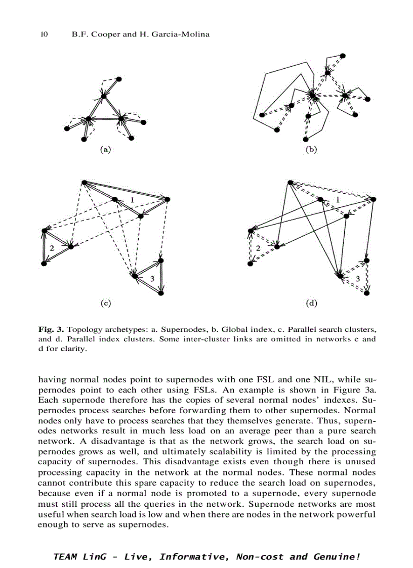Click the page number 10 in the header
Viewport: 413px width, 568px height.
click(44, 34)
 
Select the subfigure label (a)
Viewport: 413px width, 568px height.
click(105, 149)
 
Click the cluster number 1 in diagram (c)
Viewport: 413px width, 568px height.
click(132, 200)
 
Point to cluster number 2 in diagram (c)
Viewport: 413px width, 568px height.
click(52, 247)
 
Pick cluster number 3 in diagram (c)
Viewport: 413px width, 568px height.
click(152, 278)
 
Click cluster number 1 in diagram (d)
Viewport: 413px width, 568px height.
click(338, 200)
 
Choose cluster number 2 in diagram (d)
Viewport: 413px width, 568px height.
click(258, 248)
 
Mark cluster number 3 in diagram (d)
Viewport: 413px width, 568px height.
click(358, 279)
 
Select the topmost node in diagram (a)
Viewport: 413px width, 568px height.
click(119, 79)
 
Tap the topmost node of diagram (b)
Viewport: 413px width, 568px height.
click(343, 55)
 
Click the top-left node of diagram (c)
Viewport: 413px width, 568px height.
click(84, 182)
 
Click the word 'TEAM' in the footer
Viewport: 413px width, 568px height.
click(65, 557)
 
